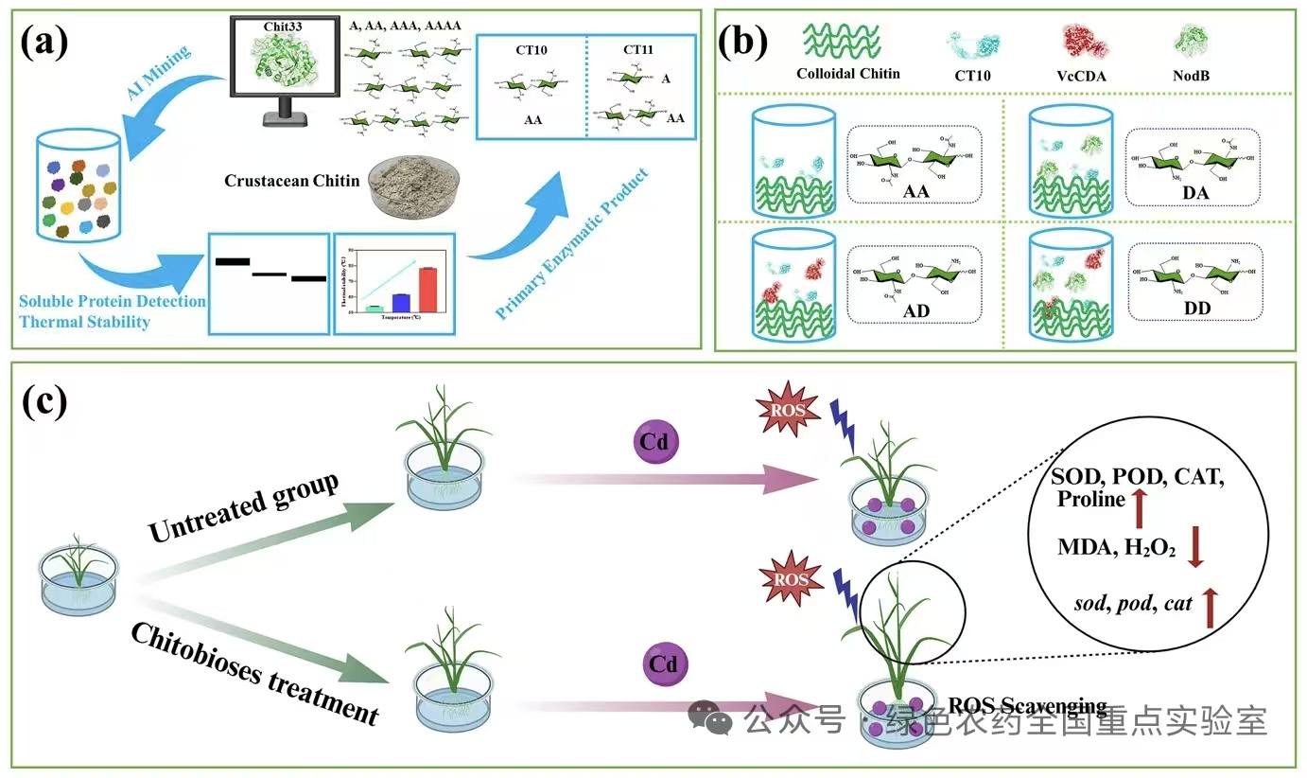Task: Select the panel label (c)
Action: pyautogui.click(x=44, y=401)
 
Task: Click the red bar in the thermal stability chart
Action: pyautogui.click(x=427, y=289)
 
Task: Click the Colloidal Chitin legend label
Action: pyautogui.click(x=848, y=74)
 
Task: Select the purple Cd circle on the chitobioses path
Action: pyautogui.click(x=663, y=664)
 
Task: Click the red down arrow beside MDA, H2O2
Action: pyautogui.click(x=1194, y=548)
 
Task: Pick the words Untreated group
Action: pyautogui.click(x=244, y=508)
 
